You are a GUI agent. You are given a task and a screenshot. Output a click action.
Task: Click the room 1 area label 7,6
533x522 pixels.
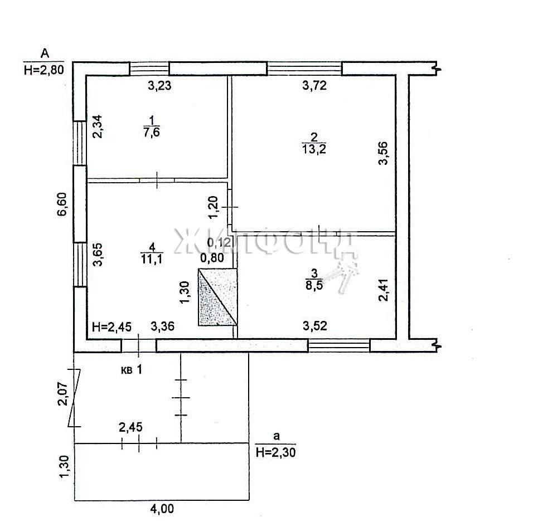coord(152,132)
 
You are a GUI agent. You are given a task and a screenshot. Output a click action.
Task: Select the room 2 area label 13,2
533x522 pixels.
coord(314,149)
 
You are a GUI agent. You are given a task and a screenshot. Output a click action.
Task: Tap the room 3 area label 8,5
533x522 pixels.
coord(314,285)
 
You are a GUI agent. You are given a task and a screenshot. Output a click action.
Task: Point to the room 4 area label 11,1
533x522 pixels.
coord(152,259)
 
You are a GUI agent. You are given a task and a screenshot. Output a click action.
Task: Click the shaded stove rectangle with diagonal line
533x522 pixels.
coord(217,297)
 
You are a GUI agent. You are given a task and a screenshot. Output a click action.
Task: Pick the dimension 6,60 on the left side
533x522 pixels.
coord(62,204)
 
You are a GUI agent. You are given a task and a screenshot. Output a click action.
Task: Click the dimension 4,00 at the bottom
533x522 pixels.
coord(162,509)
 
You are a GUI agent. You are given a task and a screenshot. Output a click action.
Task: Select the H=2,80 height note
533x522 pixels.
coord(44,70)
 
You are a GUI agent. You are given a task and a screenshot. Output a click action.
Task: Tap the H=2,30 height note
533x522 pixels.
coord(275,452)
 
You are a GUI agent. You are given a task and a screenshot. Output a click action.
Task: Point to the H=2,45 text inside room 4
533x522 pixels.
coord(112,326)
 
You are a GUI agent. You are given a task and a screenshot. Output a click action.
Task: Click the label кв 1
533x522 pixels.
coord(132,369)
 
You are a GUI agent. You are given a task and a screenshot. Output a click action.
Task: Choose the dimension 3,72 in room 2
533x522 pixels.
coord(314,85)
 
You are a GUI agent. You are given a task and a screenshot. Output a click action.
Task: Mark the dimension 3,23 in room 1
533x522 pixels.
coord(159,85)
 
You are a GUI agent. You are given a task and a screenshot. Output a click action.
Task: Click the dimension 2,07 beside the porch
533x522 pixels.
coord(63,394)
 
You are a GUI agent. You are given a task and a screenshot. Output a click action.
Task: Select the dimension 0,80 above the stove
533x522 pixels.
coord(212,258)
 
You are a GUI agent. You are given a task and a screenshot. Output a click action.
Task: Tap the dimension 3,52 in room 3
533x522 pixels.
coord(315,326)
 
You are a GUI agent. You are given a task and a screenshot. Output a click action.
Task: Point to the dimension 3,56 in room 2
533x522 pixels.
coord(383,153)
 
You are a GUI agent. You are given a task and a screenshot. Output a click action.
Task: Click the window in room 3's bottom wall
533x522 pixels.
coord(338,345)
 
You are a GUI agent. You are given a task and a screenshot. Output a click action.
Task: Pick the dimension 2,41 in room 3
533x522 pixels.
coord(383,290)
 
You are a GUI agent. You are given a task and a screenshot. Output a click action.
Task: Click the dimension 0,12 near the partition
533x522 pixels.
coord(219,242)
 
